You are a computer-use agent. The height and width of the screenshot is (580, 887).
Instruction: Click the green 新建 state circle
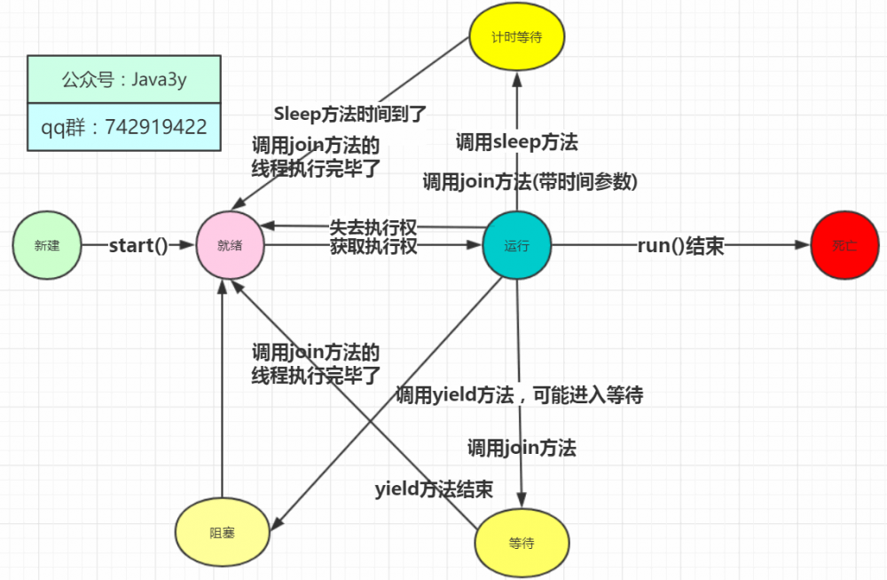click(x=47, y=246)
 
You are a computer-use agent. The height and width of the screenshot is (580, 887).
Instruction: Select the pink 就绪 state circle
click(x=230, y=246)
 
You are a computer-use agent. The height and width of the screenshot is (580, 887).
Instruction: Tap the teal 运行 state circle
click(x=516, y=246)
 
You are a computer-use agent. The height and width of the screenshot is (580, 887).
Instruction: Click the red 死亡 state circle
click(x=844, y=246)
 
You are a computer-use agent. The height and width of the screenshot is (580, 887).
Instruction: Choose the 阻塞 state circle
click(x=223, y=533)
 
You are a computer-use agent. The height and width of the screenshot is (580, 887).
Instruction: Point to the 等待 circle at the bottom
click(x=521, y=543)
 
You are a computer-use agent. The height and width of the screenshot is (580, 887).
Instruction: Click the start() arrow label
click(x=138, y=246)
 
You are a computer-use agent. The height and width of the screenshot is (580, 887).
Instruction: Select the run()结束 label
click(x=680, y=246)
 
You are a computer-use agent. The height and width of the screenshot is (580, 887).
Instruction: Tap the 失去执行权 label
click(x=373, y=226)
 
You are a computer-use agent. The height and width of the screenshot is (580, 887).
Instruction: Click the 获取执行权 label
click(x=373, y=246)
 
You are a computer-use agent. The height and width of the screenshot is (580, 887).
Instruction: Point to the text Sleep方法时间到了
click(x=350, y=114)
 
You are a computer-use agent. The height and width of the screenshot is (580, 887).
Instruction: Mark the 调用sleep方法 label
click(x=517, y=141)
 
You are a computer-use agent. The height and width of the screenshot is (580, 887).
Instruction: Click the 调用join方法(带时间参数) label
click(x=530, y=181)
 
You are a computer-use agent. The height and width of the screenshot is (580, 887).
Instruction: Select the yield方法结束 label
click(x=434, y=489)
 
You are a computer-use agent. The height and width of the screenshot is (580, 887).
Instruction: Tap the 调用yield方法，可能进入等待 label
click(x=519, y=395)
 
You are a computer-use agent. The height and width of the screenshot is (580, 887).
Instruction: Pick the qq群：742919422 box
click(x=123, y=126)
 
